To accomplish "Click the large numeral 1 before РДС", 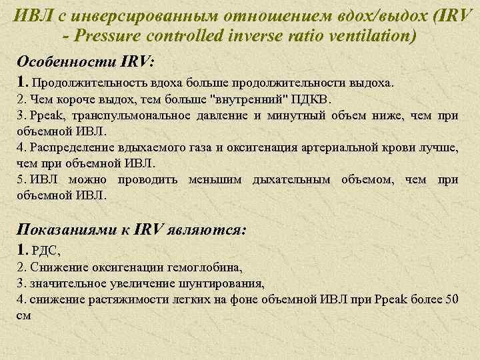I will (x=21, y=251).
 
